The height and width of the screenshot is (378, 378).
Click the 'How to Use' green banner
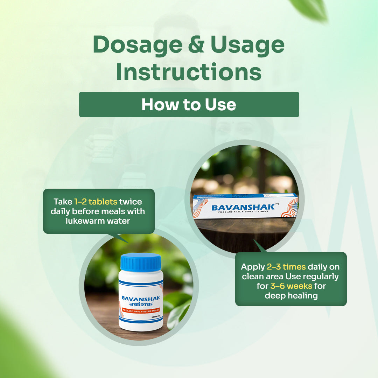pos(189,104)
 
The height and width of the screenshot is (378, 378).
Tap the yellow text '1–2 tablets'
pos(96,202)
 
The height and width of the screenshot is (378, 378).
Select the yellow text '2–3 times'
pos(286,267)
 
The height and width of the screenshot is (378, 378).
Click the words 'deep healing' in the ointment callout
pos(291,295)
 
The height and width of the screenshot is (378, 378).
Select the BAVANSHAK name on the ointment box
pos(243,208)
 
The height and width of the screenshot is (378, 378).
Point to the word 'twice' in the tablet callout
pos(130,202)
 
